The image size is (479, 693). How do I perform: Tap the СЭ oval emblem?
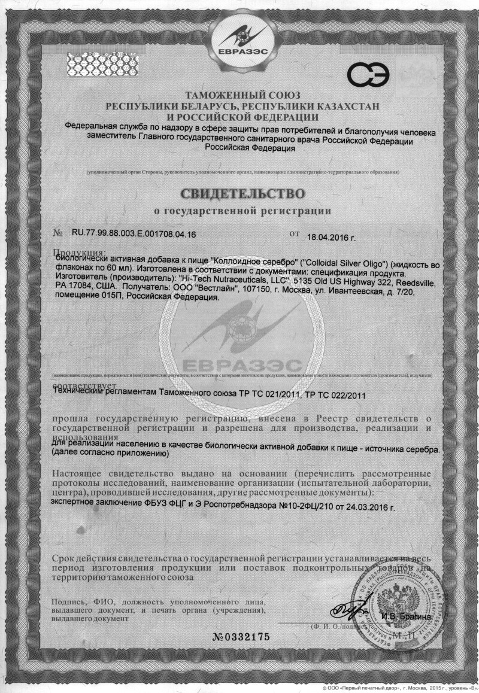[x=368, y=75]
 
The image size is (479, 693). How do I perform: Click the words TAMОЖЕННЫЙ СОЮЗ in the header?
[x=242, y=95]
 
